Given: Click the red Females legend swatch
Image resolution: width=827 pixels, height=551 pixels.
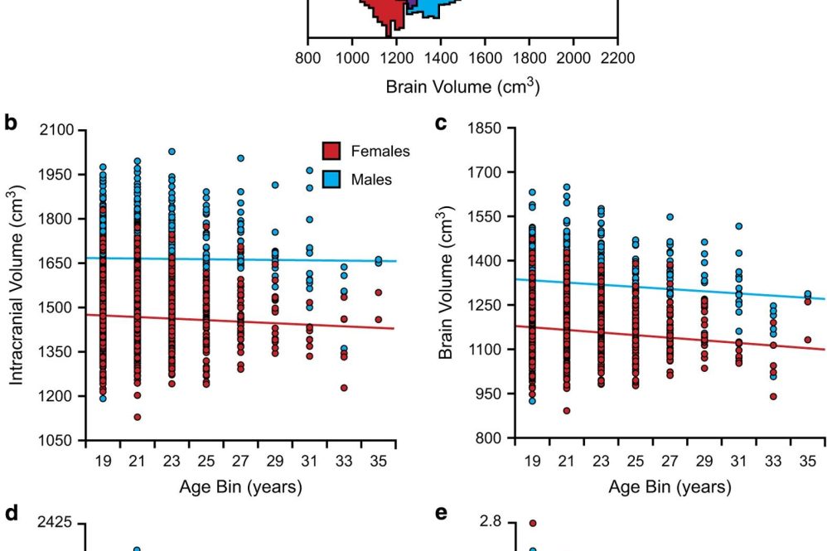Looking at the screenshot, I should tap(331, 151).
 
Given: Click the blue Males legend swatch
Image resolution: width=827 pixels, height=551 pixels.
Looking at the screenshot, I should tap(331, 179).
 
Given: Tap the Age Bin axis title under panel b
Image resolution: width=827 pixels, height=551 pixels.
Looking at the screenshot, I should tap(240, 487).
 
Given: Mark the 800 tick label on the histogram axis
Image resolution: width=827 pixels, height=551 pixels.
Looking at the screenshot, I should tap(307, 57).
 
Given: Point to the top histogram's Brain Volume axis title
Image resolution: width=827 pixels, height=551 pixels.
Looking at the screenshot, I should tap(463, 85).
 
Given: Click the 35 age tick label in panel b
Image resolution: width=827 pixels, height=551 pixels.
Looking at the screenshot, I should tap(378, 462).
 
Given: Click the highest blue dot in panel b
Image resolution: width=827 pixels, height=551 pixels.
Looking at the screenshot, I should tap(172, 152).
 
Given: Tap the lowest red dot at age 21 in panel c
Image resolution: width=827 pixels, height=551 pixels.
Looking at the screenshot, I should tap(567, 410).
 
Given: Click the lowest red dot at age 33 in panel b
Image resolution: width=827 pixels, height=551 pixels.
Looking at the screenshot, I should tap(343, 388).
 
